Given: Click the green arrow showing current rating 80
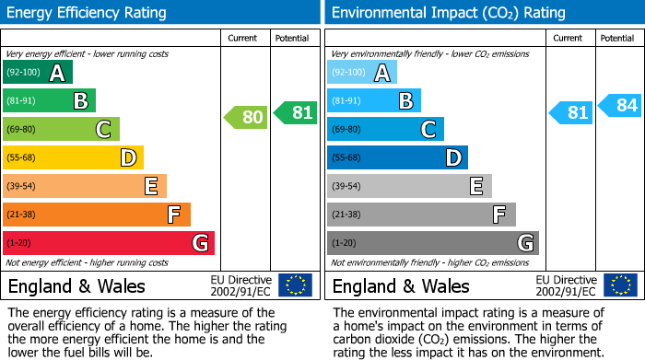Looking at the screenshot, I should pyautogui.click(x=246, y=117).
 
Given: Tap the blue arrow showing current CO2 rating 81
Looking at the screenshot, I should pyautogui.click(x=570, y=112).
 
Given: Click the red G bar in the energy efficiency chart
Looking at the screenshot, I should pyautogui.click(x=109, y=243).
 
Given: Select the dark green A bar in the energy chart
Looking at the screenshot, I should pyautogui.click(x=38, y=72).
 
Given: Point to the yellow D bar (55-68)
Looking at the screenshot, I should pyautogui.click(x=73, y=157).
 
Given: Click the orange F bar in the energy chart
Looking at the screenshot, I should pyautogui.click(x=97, y=215).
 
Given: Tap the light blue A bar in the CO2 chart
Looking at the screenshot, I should pyautogui.click(x=362, y=72).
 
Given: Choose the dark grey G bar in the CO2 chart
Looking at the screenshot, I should pyautogui.click(x=432, y=243).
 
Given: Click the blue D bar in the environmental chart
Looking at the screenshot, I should pyautogui.click(x=397, y=157).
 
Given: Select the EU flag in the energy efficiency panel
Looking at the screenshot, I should pyautogui.click(x=295, y=285).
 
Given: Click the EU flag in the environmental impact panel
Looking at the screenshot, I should pyautogui.click(x=619, y=285).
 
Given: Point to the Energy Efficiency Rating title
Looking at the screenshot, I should pyautogui.click(x=88, y=13).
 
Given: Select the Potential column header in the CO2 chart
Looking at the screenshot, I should pyautogui.click(x=617, y=38).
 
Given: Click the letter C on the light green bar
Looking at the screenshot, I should pyautogui.click(x=104, y=129).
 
